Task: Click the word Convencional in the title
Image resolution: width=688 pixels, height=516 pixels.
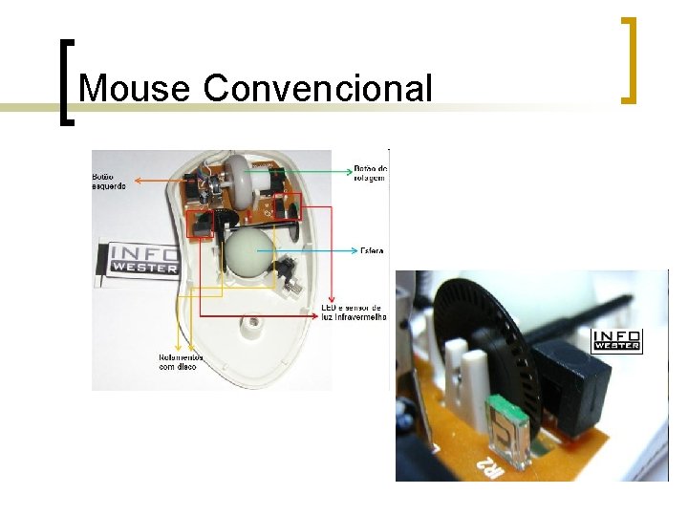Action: click(317, 89)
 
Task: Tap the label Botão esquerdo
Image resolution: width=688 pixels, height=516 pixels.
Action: click(108, 181)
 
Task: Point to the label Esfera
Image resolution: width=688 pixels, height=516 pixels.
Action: click(372, 251)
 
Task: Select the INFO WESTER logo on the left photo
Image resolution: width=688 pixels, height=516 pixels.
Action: click(143, 259)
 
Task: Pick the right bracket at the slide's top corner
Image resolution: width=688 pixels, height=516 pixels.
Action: click(629, 59)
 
